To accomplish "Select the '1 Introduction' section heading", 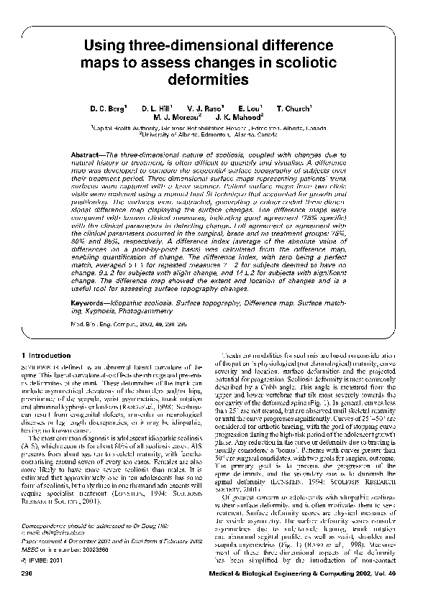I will click(x=46, y=356).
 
